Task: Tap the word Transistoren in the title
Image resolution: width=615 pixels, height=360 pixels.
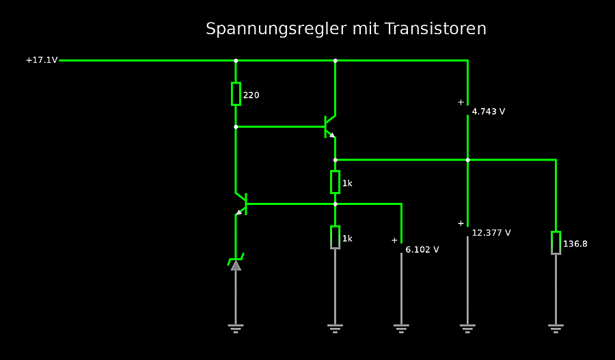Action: point(435,29)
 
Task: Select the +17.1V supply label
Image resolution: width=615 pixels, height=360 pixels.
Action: point(42,60)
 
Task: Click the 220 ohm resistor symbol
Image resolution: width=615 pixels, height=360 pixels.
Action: point(236,94)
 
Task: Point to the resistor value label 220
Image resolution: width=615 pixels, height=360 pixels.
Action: point(251,95)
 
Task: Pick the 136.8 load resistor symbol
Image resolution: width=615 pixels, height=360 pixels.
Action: point(556,243)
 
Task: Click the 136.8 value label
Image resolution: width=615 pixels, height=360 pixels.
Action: point(575,243)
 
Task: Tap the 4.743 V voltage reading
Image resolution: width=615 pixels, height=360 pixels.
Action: point(489,111)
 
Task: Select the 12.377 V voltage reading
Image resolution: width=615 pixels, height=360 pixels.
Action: point(491,233)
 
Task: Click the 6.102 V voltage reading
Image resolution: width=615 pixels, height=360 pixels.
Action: point(422,249)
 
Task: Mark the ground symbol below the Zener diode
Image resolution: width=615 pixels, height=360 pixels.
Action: point(236,328)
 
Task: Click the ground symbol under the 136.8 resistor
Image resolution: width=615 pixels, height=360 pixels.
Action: point(556,328)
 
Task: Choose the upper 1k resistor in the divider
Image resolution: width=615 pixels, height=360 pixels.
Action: point(335,182)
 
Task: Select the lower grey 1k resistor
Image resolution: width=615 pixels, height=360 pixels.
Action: point(335,237)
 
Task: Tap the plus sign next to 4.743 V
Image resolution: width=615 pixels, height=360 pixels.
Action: point(461,102)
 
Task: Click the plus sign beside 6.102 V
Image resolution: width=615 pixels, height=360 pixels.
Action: point(394,240)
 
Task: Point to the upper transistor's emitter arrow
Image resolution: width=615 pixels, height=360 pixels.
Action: point(332,135)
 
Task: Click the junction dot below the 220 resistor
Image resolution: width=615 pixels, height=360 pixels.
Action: point(236,126)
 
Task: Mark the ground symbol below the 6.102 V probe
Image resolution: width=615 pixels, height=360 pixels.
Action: point(401,328)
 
